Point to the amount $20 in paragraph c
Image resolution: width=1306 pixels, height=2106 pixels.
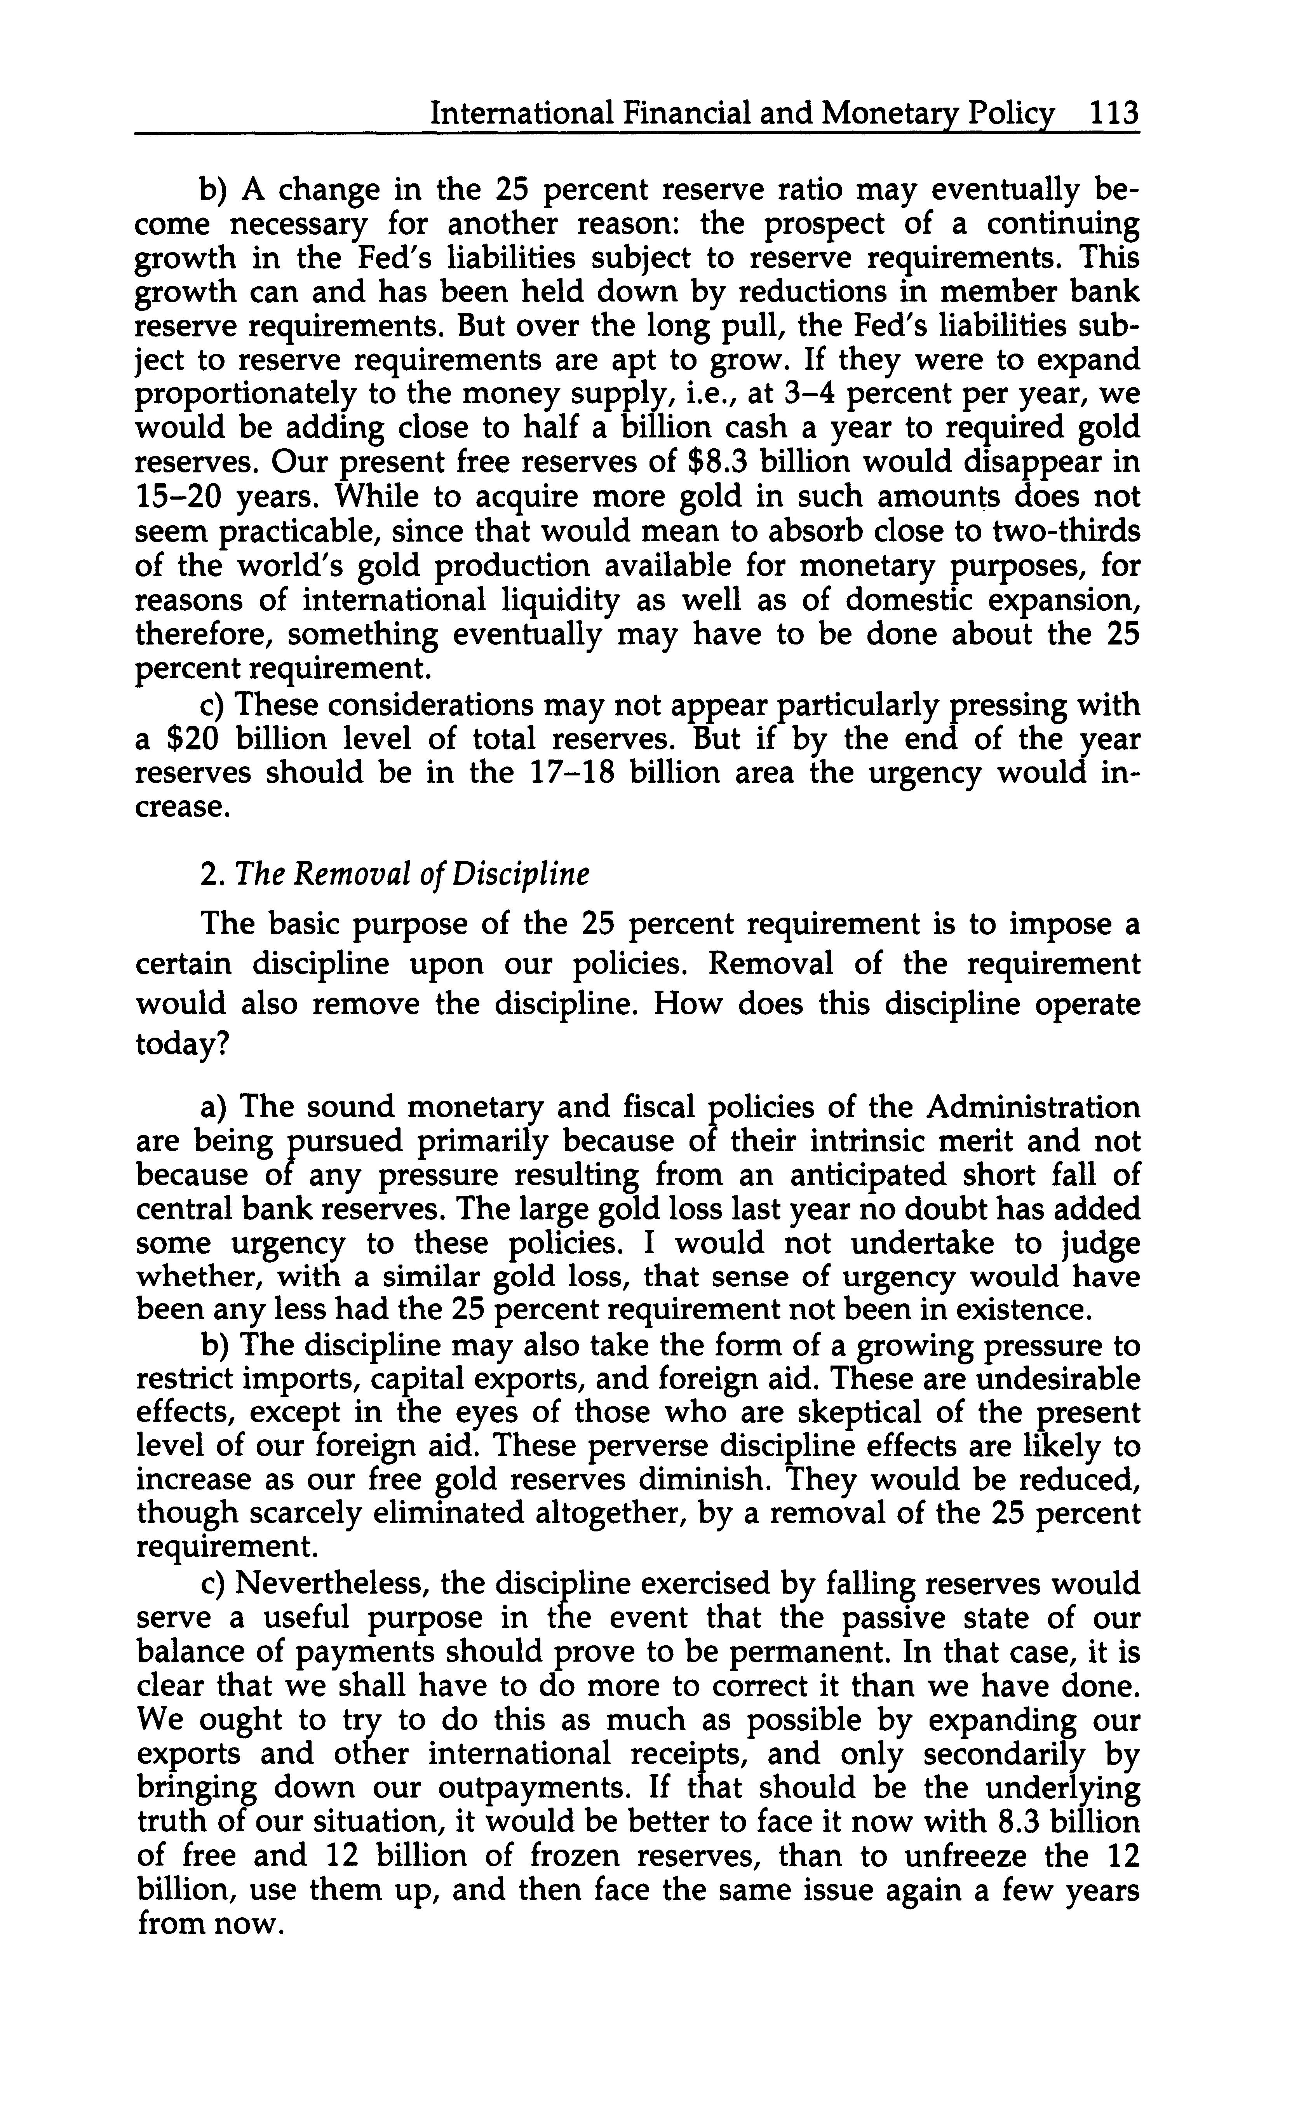[178, 739]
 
